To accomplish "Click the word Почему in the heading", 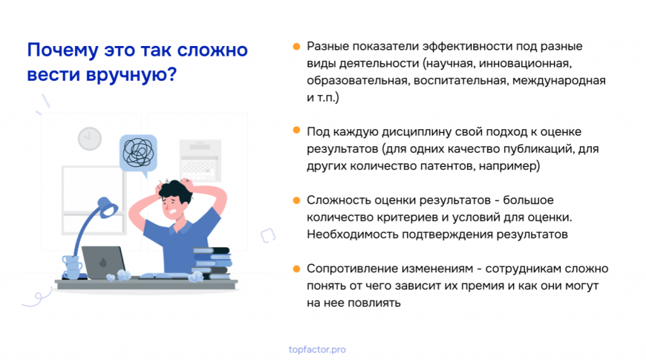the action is [x=63, y=50].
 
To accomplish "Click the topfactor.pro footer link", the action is [x=317, y=350].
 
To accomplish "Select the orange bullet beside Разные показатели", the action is [x=297, y=47].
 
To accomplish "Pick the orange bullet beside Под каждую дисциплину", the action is [x=297, y=131].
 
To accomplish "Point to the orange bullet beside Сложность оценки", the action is [x=297, y=200].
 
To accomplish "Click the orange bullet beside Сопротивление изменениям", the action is [x=297, y=269].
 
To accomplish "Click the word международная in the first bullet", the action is [x=559, y=81].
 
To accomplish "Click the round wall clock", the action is [x=90, y=139].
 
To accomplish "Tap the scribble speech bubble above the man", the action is [x=138, y=154].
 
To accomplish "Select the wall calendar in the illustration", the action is [x=200, y=161].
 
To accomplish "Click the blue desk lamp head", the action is [x=107, y=207].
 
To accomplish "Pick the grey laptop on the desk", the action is [x=103, y=263].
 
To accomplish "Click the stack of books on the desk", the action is [x=211, y=263].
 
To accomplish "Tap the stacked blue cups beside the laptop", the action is [x=72, y=267].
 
